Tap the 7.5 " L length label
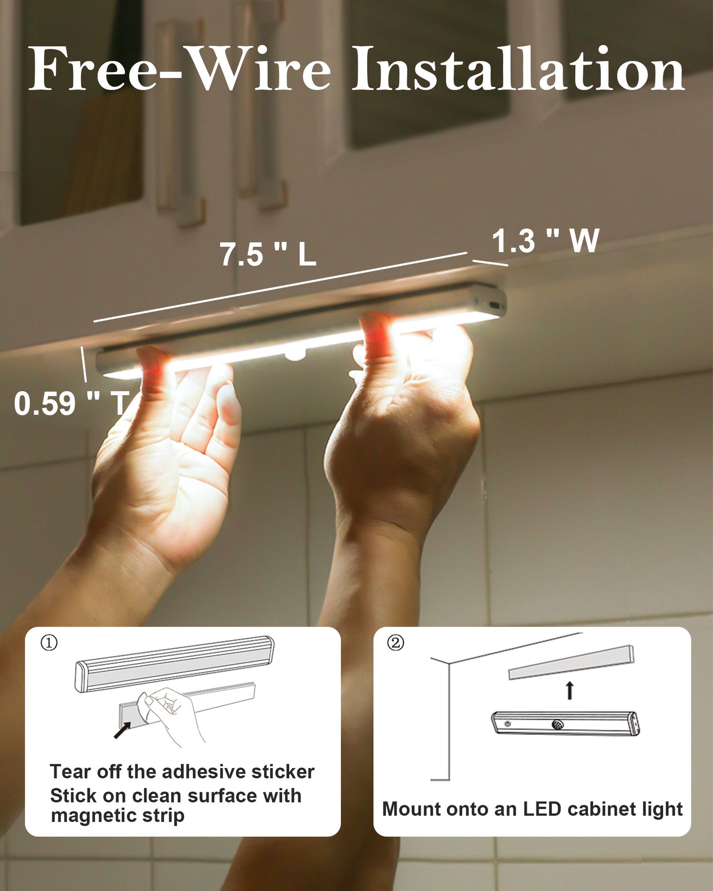tap(268, 254)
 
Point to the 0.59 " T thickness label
tap(72, 403)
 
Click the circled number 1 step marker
tap(49, 643)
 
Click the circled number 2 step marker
tap(396, 643)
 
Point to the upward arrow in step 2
tap(570, 690)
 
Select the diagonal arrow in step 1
tap(122, 730)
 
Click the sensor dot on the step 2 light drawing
tap(558, 725)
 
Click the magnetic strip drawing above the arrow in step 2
tap(571, 662)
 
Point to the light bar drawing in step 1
tap(174, 664)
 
